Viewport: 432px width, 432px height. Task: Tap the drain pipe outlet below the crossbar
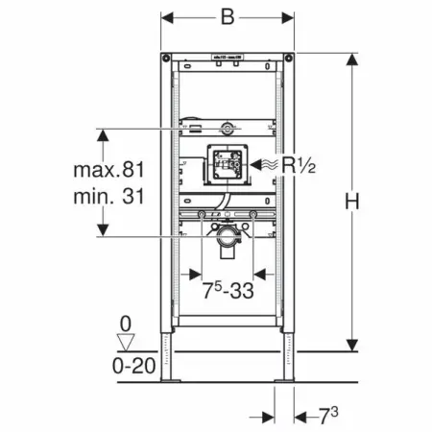click(228, 244)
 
